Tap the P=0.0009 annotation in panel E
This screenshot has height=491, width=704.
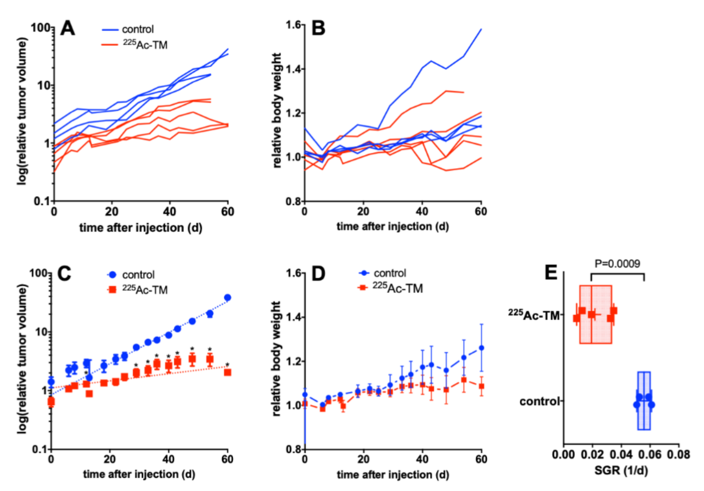[x=617, y=264]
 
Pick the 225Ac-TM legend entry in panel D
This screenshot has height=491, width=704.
[x=397, y=288]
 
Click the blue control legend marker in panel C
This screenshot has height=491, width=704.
[x=113, y=275]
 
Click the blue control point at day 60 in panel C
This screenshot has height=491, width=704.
[x=227, y=298]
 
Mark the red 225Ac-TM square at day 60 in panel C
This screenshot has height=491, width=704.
[x=227, y=372]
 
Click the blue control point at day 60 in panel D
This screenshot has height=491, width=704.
[x=481, y=348]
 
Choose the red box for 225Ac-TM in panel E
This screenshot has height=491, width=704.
[x=595, y=314]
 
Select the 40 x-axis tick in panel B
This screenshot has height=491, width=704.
[x=422, y=211]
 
